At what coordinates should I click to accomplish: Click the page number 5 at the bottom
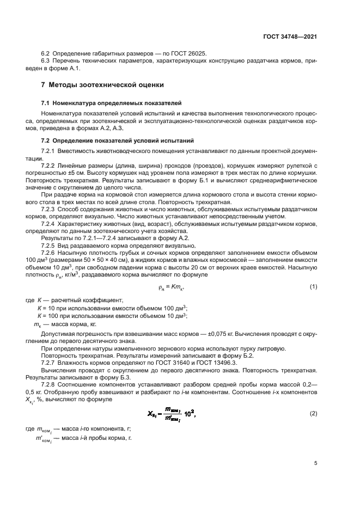tap(316, 464)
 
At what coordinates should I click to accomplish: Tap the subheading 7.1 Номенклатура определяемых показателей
tap(112, 102)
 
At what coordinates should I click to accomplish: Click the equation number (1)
tap(314, 287)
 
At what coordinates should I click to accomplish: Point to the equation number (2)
tap(314, 398)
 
